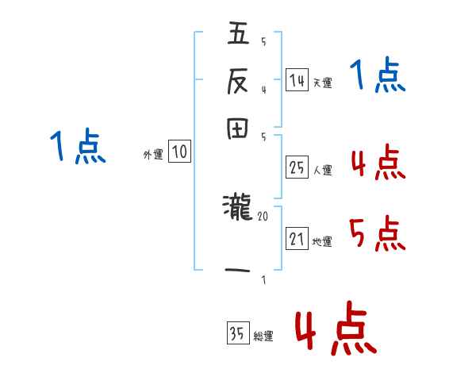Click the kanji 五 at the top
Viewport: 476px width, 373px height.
(x=238, y=34)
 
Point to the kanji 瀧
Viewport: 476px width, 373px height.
(x=237, y=209)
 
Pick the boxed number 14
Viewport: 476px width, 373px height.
(x=297, y=80)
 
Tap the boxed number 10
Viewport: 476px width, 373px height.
(x=180, y=153)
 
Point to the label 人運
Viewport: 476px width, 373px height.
(x=323, y=170)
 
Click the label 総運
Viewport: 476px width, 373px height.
(x=263, y=336)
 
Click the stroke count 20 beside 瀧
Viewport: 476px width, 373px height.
(x=263, y=215)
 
